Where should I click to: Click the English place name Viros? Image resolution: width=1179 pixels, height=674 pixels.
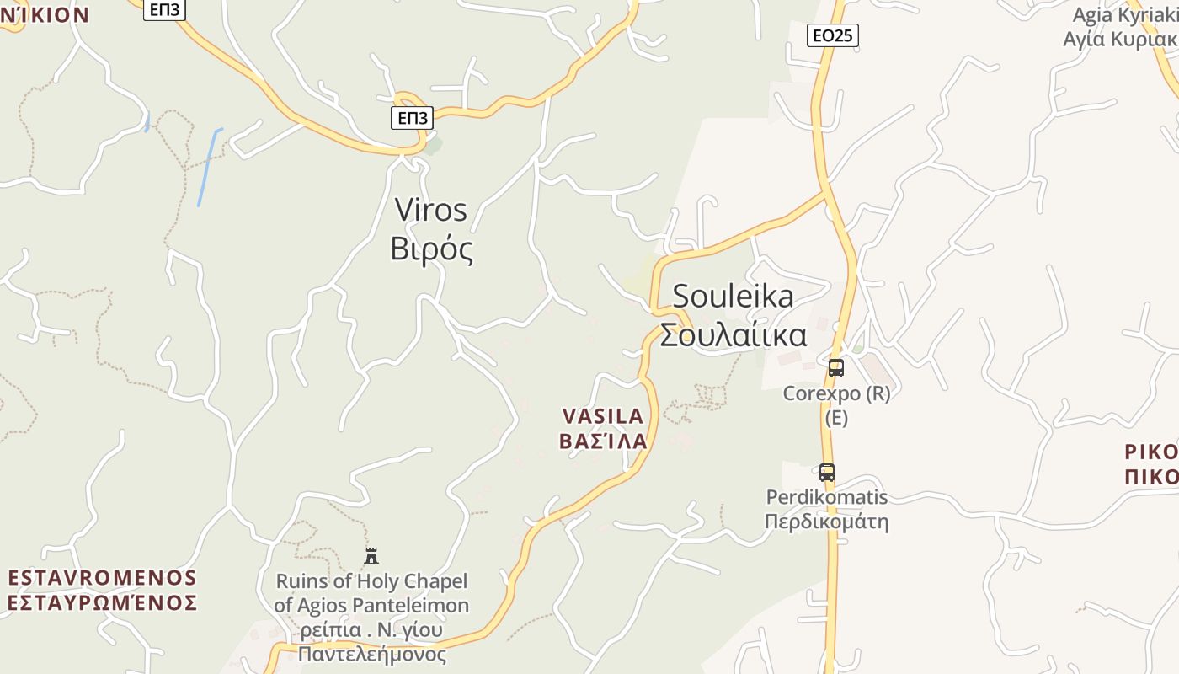[430, 210]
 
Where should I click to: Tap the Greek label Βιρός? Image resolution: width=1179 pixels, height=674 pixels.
[432, 249]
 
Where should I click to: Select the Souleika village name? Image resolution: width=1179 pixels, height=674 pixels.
[733, 297]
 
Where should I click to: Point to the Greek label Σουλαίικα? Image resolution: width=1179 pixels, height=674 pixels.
[733, 335]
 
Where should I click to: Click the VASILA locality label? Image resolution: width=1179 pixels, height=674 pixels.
[602, 416]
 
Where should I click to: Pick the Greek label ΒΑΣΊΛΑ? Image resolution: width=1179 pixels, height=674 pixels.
[603, 441]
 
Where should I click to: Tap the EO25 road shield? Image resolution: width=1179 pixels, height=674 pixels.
[832, 35]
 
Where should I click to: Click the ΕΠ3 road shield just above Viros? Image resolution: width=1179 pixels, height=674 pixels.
[412, 118]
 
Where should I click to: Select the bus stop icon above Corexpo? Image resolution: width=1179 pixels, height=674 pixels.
[835, 368]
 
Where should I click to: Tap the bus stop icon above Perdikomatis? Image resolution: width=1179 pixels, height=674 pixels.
[827, 473]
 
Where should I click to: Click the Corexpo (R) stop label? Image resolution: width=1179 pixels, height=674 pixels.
[836, 393]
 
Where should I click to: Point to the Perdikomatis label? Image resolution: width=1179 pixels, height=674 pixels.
[826, 497]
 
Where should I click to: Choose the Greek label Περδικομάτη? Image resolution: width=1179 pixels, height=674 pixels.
[826, 522]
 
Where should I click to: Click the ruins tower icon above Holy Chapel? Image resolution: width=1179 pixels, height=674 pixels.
[371, 555]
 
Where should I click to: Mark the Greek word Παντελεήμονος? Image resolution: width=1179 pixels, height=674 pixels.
[372, 654]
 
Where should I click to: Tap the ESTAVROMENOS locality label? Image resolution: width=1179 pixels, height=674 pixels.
[102, 578]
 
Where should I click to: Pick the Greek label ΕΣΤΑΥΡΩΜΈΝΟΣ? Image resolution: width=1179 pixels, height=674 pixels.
[102, 603]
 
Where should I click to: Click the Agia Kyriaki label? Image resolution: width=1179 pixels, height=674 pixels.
[1124, 15]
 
